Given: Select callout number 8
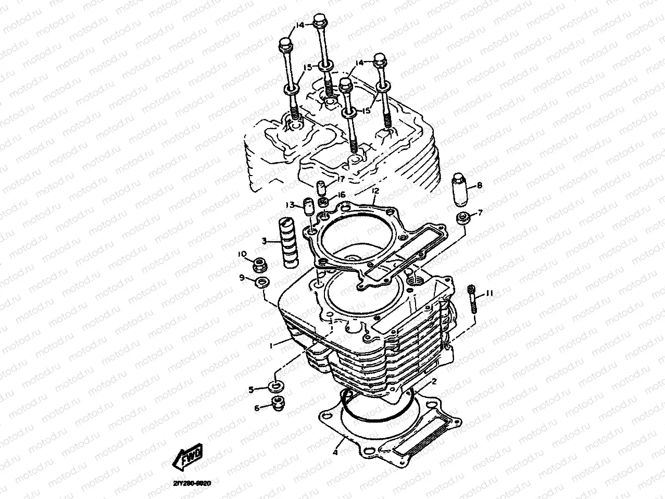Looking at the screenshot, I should click(479, 185).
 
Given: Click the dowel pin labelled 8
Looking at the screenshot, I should click(461, 190).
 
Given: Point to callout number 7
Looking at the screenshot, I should click(480, 212).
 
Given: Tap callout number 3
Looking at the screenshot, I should click(265, 241).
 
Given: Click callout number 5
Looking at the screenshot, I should click(250, 389).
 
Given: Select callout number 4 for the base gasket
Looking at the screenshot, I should click(336, 453).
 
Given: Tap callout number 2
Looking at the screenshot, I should click(433, 382).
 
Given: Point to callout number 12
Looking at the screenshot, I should click(375, 191).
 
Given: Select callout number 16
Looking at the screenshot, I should click(342, 194).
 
